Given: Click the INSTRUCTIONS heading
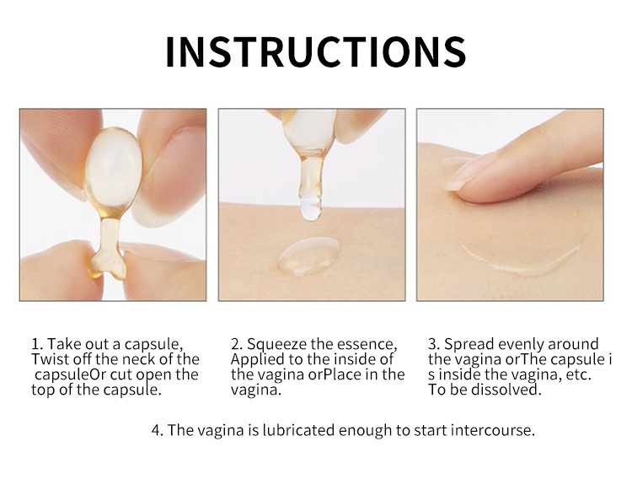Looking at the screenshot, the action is click(316, 51).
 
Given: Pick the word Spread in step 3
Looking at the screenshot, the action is click(469, 344).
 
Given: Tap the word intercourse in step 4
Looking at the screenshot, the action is click(493, 430).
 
